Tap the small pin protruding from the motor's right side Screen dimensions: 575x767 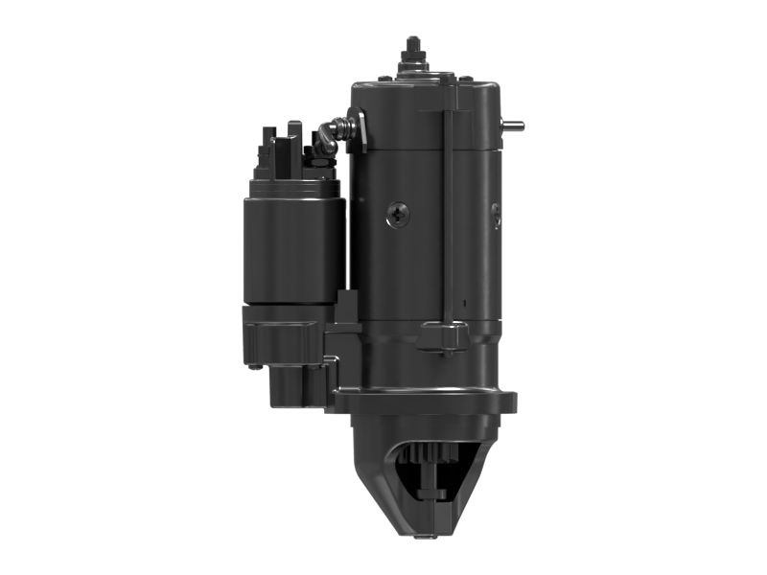point(513,125)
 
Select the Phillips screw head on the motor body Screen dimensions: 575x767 point(398,215)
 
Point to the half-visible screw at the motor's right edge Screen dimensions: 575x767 point(496,215)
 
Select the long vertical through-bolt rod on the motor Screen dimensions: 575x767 point(449,211)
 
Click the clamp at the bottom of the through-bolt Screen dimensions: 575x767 point(442,335)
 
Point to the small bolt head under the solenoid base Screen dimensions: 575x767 point(253,365)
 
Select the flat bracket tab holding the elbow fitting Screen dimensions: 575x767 point(358,131)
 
